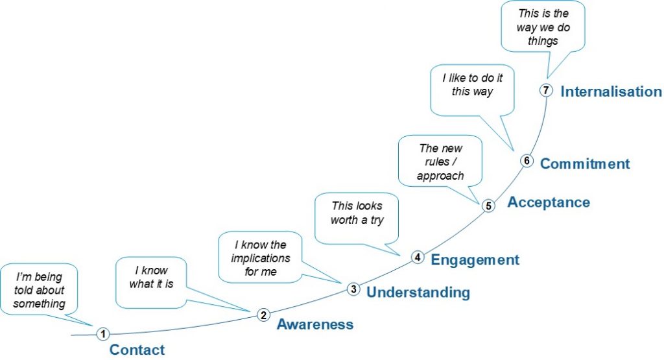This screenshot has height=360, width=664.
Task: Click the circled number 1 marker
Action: pyautogui.click(x=102, y=333)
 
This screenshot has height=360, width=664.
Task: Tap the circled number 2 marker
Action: pyautogui.click(x=263, y=315)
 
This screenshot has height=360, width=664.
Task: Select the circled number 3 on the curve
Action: pyautogui.click(x=353, y=289)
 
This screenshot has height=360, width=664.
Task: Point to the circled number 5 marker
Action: pyautogui.click(x=489, y=206)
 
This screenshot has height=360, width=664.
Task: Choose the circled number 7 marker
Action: pyautogui.click(x=546, y=91)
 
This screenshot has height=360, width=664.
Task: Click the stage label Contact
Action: pyautogui.click(x=137, y=350)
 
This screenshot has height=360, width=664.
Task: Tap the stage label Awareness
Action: pyautogui.click(x=315, y=324)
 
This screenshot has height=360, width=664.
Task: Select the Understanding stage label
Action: pyautogui.click(x=418, y=293)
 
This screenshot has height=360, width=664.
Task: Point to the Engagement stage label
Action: pyautogui.click(x=475, y=260)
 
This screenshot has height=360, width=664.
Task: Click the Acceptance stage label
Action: pyautogui.click(x=549, y=202)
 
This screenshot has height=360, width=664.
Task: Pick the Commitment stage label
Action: pyautogui.click(x=585, y=163)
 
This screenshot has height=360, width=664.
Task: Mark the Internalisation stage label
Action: pyautogui.click(x=611, y=91)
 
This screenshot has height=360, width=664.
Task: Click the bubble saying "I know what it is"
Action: pyautogui.click(x=151, y=277)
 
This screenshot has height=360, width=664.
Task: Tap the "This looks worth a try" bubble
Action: pyautogui.click(x=357, y=213)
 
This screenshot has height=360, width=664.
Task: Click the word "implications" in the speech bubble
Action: pyautogui.click(x=261, y=258)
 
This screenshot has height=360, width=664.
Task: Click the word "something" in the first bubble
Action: pyautogui.click(x=40, y=304)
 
